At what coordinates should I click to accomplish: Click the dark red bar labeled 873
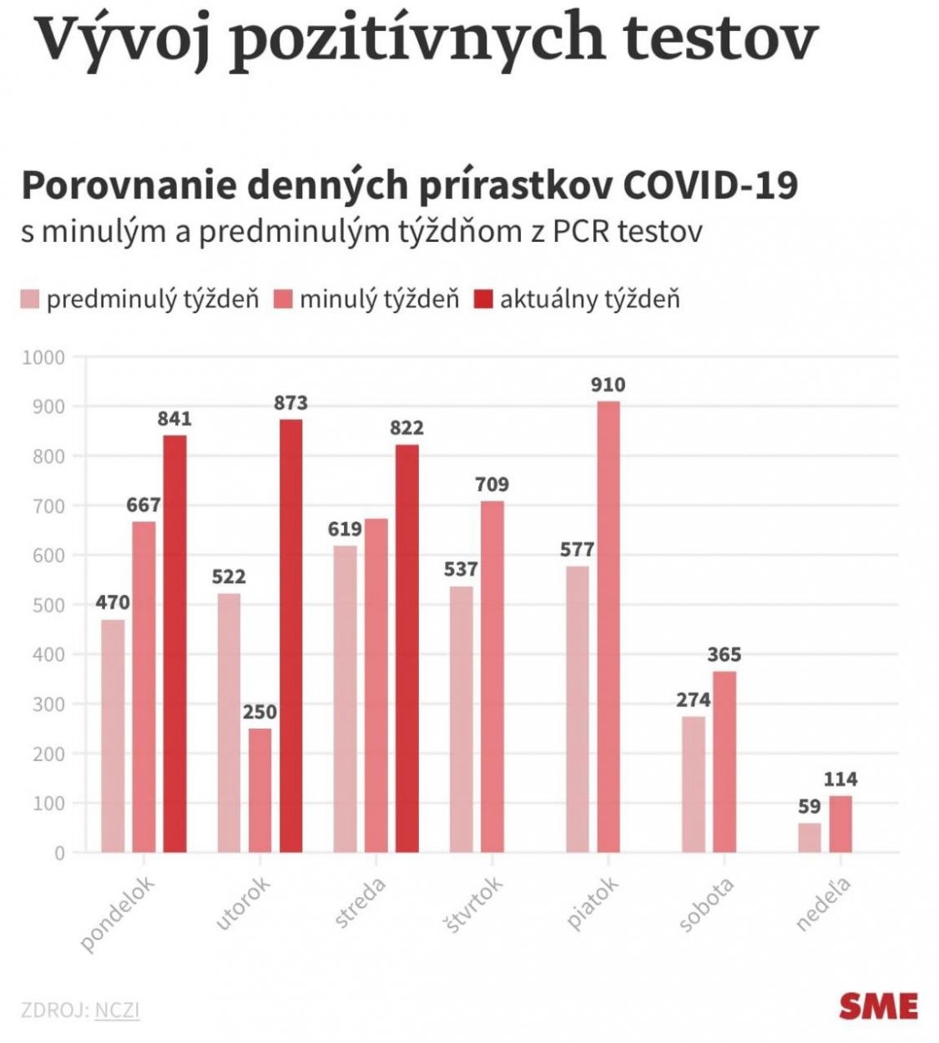tap(290, 634)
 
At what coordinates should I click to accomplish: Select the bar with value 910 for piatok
tap(608, 626)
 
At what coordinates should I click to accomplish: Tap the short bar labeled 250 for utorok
tap(260, 789)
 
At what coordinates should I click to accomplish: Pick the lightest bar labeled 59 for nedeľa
tap(809, 837)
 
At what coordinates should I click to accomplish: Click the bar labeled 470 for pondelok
tap(113, 735)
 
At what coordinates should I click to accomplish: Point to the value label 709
tap(492, 485)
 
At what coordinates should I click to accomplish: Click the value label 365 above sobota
tap(724, 655)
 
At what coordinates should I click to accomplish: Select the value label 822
tap(406, 428)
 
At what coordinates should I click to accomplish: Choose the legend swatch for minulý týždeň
tap(284, 300)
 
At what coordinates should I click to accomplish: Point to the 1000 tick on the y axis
tap(43, 358)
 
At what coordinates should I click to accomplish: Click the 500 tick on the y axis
tap(48, 606)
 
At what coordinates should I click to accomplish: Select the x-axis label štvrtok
tap(472, 904)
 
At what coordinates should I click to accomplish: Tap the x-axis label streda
tap(360, 903)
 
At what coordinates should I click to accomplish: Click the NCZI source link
tap(117, 1010)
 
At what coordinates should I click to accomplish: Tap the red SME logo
tap(878, 1006)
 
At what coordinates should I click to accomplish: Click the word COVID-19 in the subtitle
tap(710, 185)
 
